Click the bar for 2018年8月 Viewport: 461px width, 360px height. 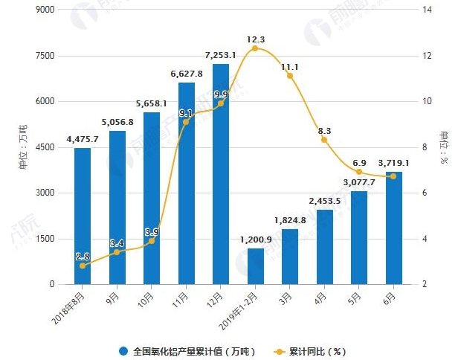point(82,216)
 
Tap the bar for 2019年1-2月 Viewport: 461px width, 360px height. point(255,266)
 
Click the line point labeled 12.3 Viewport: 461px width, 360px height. point(255,48)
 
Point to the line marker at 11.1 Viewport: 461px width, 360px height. point(290,76)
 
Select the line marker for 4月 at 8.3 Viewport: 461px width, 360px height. point(324,140)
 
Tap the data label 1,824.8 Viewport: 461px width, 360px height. point(291,219)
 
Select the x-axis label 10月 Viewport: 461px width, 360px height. point(149,297)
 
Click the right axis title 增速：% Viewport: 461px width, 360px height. point(446,147)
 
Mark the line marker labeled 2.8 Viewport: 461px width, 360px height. point(82,266)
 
